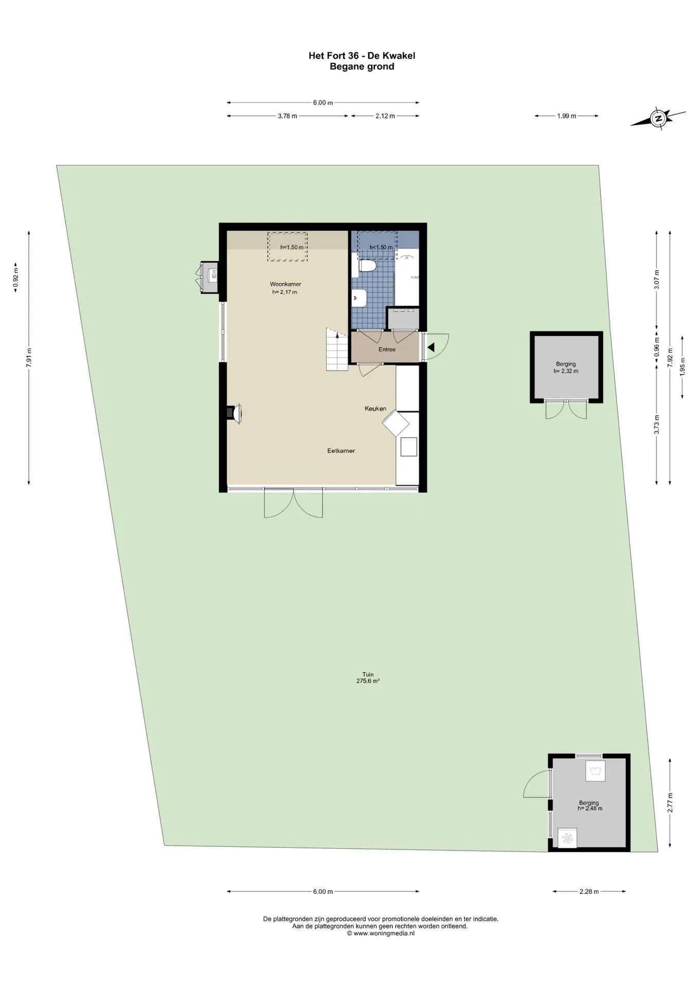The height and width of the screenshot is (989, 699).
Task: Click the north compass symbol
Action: [658, 118]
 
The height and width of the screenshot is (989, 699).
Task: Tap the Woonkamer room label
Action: [285, 284]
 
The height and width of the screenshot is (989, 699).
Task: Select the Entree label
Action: [387, 350]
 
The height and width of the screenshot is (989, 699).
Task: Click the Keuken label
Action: [375, 408]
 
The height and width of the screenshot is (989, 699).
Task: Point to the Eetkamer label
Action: [341, 451]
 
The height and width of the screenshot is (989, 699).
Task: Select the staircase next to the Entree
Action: [338, 350]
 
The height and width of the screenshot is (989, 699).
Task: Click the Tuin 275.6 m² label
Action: [368, 677]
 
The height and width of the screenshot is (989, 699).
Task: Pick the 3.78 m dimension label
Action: [287, 116]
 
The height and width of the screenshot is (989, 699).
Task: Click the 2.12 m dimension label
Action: [385, 116]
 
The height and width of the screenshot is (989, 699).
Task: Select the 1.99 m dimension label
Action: [566, 116]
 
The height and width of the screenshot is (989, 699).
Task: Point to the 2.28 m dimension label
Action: [589, 892]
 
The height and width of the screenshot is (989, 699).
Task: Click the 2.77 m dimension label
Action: [670, 802]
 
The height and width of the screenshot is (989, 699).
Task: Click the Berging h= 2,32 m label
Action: [566, 367]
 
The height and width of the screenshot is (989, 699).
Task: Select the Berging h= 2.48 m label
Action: [589, 806]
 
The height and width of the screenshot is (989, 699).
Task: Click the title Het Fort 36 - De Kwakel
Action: [362, 56]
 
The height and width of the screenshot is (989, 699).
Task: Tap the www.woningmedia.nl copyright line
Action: [380, 933]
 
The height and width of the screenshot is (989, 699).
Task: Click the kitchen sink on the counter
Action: [409, 447]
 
